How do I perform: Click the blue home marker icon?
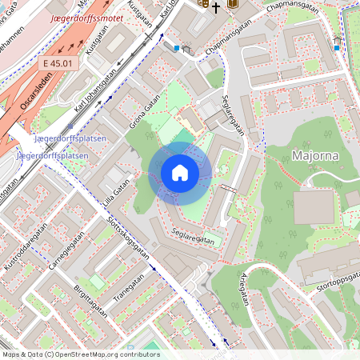point(180,173)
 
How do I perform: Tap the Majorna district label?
point(314,154)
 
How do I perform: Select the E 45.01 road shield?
point(58,62)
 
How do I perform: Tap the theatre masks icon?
point(203,4)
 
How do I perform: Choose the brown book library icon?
point(233,4)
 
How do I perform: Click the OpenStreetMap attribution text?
point(80,354)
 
